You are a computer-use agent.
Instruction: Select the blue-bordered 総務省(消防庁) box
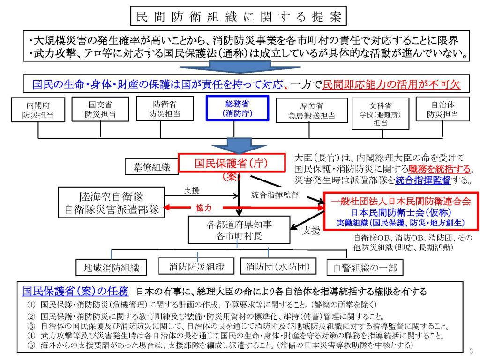click(238, 109)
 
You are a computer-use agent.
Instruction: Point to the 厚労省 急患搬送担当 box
click(312, 111)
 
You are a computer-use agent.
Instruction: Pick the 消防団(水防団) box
click(278, 267)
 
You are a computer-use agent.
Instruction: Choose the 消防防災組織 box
click(197, 267)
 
